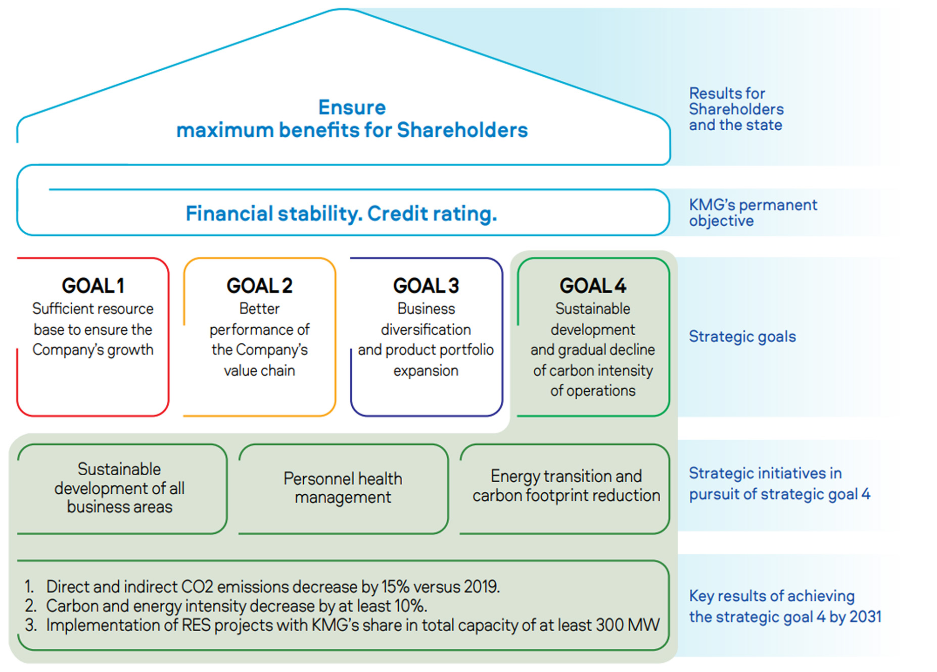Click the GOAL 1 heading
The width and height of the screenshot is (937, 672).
(x=93, y=286)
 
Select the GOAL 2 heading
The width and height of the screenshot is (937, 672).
(x=259, y=286)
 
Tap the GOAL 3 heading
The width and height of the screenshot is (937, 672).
(x=426, y=286)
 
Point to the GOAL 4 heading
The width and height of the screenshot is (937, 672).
(x=593, y=286)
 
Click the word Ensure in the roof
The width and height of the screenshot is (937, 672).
(x=352, y=108)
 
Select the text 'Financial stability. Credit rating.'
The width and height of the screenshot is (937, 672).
(x=342, y=214)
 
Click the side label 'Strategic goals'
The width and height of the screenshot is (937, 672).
(x=742, y=337)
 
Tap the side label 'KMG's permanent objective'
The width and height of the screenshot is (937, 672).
(x=753, y=213)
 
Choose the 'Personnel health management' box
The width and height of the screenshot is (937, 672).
(x=343, y=489)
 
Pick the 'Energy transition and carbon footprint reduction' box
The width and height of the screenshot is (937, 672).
(x=565, y=489)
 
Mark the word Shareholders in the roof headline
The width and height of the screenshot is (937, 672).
(x=462, y=130)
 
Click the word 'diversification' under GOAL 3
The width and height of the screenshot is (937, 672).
(x=426, y=330)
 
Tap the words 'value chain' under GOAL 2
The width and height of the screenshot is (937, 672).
(x=259, y=371)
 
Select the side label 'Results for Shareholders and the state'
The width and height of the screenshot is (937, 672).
(x=736, y=109)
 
